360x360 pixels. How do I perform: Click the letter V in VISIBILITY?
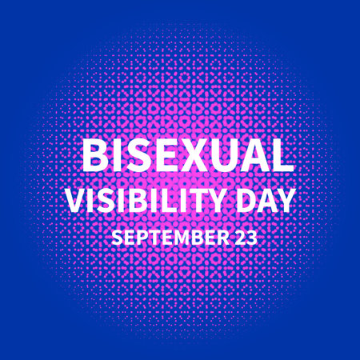coord(75,199)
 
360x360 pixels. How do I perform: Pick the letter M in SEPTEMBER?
coord(177,238)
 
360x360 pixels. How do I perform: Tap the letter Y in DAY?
coord(284,199)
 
